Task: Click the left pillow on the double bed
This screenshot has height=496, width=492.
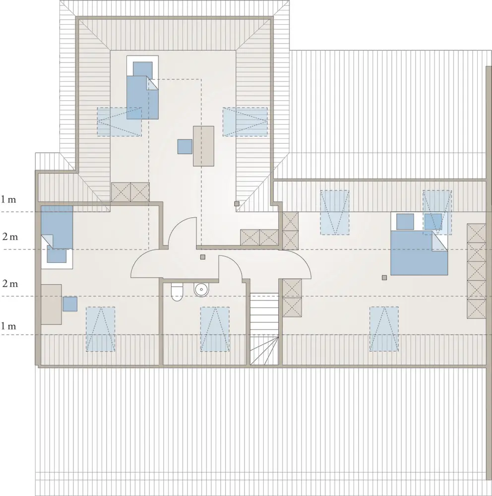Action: point(405,221)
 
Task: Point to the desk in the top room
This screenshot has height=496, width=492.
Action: point(203,146)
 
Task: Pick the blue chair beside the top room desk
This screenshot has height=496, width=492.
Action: point(185,147)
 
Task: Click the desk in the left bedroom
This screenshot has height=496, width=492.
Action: point(51,304)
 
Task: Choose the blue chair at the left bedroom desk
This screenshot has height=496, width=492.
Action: point(70,304)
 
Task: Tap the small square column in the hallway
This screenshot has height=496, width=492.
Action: point(203,257)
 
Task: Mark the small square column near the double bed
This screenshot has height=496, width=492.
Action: point(384,278)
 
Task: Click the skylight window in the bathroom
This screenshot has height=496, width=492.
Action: point(215,329)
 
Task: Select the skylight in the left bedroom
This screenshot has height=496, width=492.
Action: point(101,329)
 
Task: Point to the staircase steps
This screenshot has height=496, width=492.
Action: point(264,329)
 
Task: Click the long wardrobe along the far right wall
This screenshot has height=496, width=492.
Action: point(477,271)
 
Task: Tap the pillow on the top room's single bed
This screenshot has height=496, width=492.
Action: point(143,69)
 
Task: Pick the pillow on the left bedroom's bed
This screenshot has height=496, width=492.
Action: point(57,255)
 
